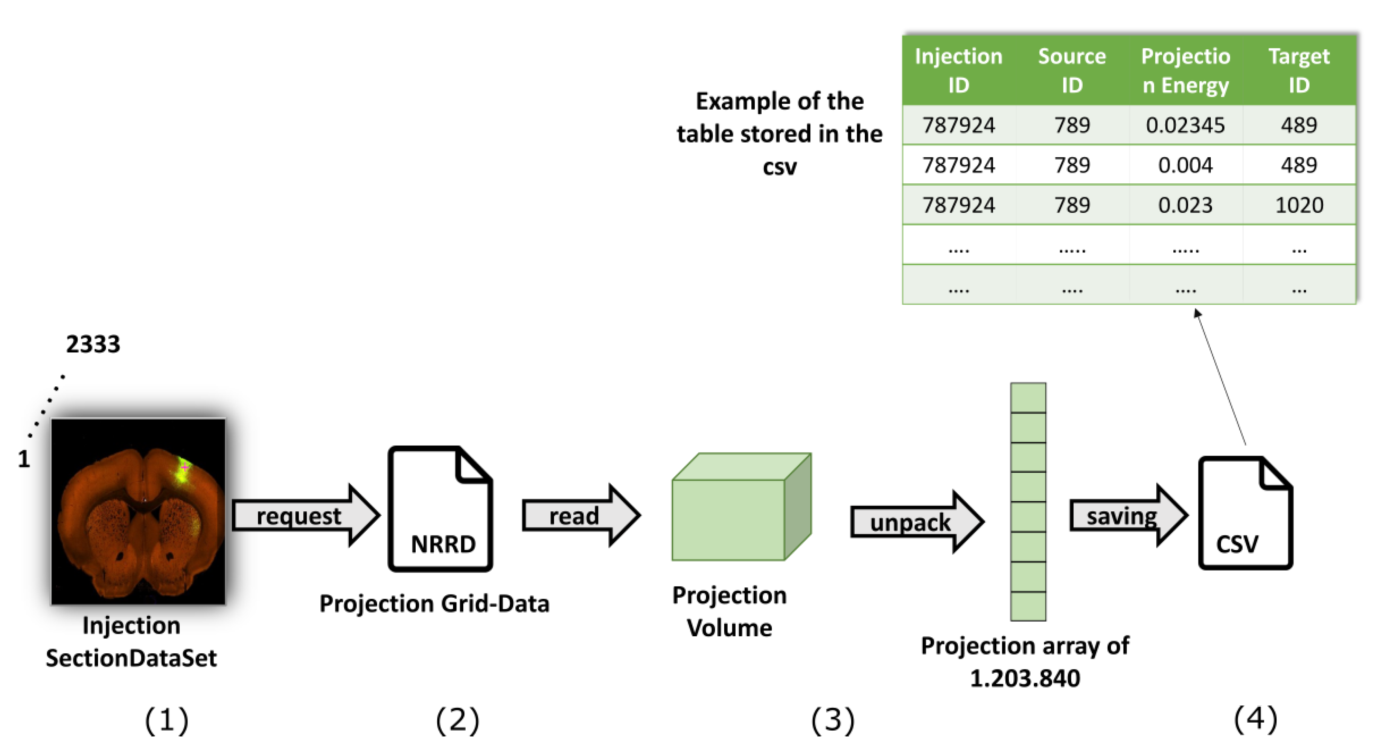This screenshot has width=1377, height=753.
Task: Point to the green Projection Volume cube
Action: click(740, 508)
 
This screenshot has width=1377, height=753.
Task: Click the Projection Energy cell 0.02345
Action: click(1185, 125)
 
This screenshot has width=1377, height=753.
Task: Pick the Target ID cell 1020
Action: click(1299, 205)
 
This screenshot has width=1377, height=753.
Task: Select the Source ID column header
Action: click(1071, 70)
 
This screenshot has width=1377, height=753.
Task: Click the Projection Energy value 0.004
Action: click(1185, 165)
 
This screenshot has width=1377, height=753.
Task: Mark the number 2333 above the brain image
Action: click(93, 344)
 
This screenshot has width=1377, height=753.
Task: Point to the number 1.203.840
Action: click(1024, 678)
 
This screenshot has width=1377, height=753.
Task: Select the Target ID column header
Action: click(1299, 70)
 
